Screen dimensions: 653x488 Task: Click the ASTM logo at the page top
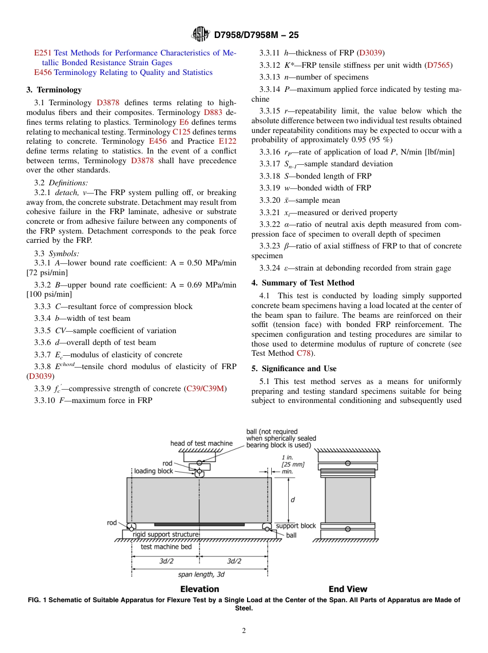point(200,34)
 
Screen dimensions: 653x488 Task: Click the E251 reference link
point(43,53)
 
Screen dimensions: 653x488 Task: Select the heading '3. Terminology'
point(54,90)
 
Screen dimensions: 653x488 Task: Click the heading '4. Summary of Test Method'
point(303,283)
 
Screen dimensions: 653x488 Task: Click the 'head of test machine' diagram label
point(201,444)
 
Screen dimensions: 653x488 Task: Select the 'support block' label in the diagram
point(296,526)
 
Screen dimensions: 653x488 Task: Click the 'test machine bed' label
point(166,547)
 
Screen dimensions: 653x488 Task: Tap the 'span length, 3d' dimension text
point(201,574)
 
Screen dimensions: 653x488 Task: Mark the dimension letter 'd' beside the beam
point(293,500)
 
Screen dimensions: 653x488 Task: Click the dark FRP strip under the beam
point(199,524)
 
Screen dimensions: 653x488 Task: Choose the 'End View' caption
point(348,589)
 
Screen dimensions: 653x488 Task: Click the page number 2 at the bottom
point(244,631)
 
